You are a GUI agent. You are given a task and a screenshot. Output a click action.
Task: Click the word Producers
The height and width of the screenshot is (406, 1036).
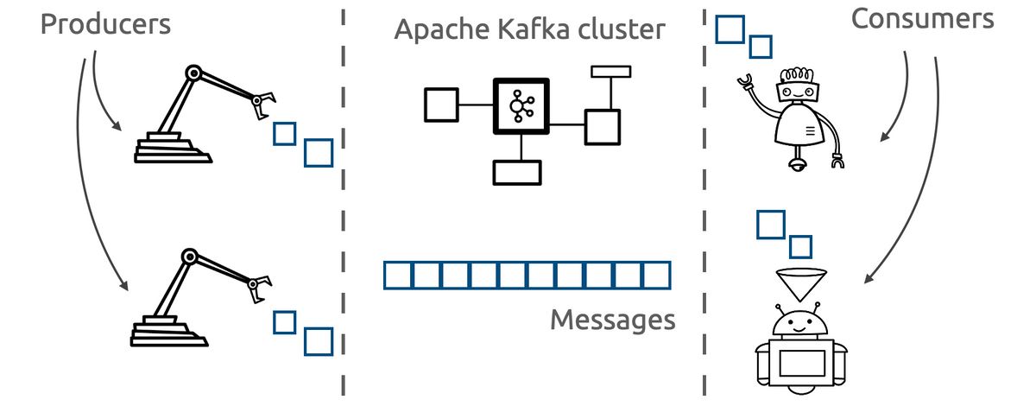click(x=105, y=24)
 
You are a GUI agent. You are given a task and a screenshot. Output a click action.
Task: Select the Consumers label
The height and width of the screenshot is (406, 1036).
click(x=922, y=20)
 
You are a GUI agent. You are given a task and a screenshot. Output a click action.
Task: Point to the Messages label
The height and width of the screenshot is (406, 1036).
click(x=612, y=320)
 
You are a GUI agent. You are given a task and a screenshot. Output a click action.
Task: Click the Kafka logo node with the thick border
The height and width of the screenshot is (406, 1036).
click(x=521, y=106)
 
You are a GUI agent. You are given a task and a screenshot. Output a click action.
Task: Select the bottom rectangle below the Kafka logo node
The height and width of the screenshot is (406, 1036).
click(x=516, y=172)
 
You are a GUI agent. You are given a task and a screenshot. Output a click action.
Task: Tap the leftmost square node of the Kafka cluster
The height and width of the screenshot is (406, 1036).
click(x=440, y=105)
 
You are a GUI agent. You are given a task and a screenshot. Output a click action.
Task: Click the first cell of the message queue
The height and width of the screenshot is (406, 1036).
click(x=397, y=276)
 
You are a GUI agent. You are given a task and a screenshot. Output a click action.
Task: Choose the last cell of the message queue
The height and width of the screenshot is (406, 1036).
click(x=656, y=276)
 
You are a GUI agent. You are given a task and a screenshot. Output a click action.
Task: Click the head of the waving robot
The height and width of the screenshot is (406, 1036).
click(x=797, y=88)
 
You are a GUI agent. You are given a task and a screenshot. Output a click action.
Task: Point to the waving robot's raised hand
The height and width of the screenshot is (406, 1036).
click(x=744, y=81)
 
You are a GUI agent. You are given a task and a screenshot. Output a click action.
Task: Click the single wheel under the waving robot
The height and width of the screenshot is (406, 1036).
click(x=798, y=162)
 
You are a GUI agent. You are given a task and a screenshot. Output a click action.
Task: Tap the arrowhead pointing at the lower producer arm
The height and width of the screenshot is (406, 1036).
click(x=125, y=287)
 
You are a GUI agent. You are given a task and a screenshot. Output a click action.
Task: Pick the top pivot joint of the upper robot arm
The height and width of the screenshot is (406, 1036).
click(x=194, y=73)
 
